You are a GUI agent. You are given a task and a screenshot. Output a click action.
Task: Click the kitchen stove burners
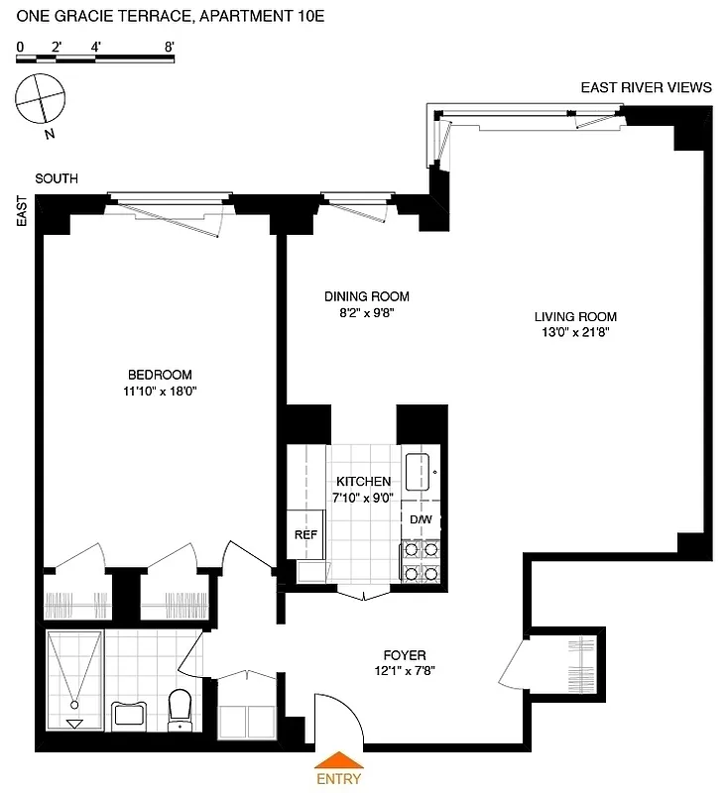(x=421, y=562)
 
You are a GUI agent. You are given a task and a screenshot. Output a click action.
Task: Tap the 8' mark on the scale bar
(x=170, y=47)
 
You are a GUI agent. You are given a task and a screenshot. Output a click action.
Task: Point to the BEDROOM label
(x=160, y=374)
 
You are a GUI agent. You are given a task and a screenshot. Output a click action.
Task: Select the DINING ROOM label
(x=367, y=295)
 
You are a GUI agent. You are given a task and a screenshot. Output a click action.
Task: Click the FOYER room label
(x=405, y=655)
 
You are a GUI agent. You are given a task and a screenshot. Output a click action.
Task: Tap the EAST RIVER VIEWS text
(x=646, y=87)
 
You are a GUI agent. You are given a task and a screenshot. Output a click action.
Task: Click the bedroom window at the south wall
(x=170, y=195)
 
